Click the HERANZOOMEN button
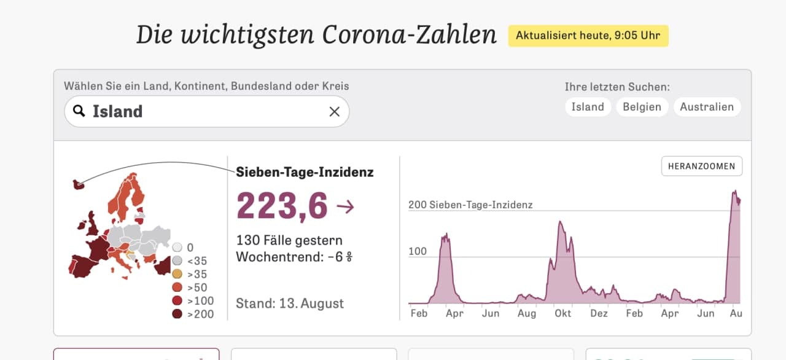(x=702, y=166)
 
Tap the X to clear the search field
(x=335, y=112)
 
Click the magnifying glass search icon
(x=79, y=111)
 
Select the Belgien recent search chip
(x=642, y=107)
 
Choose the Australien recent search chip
(x=707, y=107)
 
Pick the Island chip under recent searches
(x=588, y=107)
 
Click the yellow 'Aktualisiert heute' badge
(x=588, y=36)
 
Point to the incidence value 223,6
(x=282, y=206)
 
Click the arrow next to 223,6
(x=345, y=206)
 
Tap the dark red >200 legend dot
(x=177, y=314)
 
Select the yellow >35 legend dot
(x=177, y=273)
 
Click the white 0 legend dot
(x=177, y=248)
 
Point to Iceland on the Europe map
(x=78, y=184)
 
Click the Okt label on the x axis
(x=562, y=313)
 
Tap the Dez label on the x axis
(x=599, y=313)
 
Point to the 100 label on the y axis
(x=418, y=251)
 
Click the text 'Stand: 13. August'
(x=290, y=303)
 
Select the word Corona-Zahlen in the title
(x=409, y=35)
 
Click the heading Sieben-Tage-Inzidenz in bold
(x=305, y=172)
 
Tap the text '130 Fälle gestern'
(x=289, y=240)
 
